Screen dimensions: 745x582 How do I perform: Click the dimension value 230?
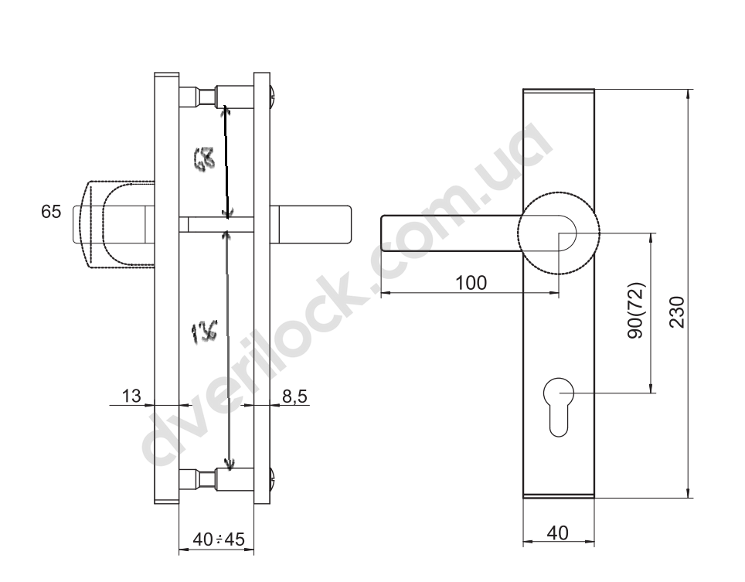click(676, 312)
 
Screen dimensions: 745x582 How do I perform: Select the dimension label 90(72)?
click(636, 311)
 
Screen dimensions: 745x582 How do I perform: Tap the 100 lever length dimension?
click(471, 283)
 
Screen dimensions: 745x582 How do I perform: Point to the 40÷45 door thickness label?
click(219, 539)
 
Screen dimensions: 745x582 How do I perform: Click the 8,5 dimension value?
click(295, 397)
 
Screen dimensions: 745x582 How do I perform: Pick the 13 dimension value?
click(131, 396)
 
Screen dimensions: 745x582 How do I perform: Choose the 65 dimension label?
click(51, 212)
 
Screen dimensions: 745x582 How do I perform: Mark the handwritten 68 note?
click(204, 158)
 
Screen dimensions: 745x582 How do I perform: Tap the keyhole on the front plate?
click(559, 407)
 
